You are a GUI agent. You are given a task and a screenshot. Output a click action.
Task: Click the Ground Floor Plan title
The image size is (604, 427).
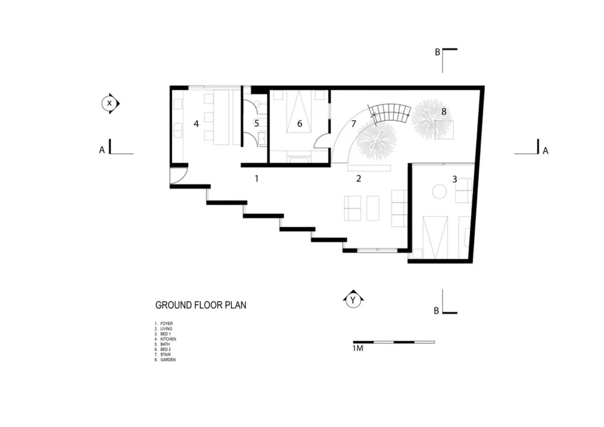pos(201,305)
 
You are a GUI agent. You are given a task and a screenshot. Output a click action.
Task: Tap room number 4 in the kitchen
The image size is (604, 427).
pos(196,124)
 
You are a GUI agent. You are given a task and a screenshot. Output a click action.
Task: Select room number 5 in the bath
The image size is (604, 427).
pos(257,124)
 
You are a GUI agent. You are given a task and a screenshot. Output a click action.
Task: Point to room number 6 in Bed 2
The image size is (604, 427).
pos(300,124)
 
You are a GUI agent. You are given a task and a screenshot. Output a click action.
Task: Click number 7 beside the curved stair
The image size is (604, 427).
pos(353,124)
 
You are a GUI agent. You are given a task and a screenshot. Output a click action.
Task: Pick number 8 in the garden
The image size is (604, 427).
pos(444,112)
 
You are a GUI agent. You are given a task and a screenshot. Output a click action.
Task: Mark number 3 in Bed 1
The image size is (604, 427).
pos(455,179)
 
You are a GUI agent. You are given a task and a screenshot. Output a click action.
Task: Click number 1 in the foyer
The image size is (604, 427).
pos(257,179)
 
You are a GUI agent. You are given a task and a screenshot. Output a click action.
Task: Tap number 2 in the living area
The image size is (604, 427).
pos(359,179)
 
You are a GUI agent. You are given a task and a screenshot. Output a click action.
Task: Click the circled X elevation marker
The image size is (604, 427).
pos(110,103)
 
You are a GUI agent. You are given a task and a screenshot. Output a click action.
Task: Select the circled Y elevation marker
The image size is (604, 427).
pos(353,299)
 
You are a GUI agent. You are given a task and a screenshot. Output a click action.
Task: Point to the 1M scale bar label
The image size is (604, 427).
pos(358,348)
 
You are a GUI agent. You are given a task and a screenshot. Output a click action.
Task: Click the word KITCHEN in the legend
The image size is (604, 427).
pos(169,339)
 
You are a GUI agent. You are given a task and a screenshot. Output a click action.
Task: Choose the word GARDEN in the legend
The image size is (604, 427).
pos(168,359)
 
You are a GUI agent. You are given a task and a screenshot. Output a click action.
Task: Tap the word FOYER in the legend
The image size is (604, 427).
pos(167,324)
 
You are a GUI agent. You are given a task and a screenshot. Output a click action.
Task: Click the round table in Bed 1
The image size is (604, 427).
pos(439,191)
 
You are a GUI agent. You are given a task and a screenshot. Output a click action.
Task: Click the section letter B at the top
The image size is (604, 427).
pos(437,52)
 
